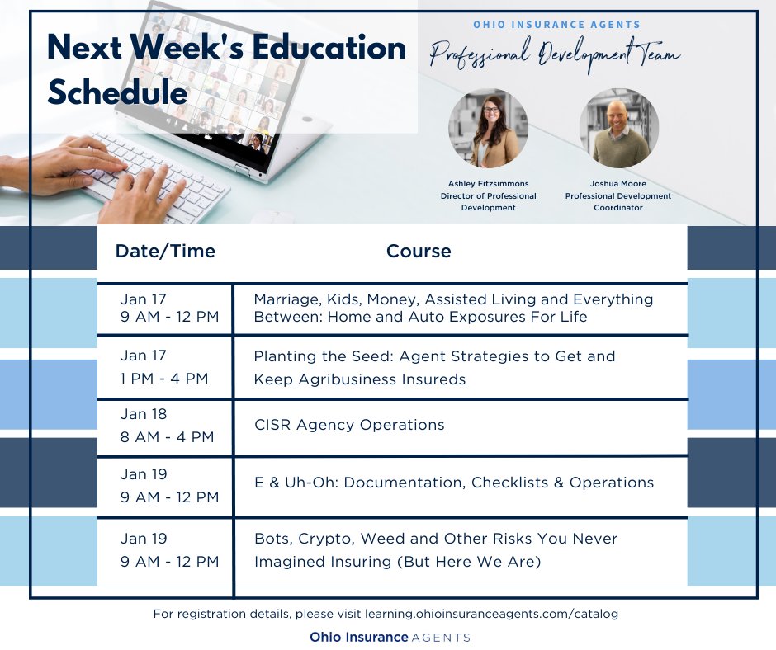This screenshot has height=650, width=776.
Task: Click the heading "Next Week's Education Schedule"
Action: pos(226,71)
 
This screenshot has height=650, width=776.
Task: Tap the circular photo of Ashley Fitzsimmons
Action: pos(488,129)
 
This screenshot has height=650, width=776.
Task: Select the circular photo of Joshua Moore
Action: pos(618,129)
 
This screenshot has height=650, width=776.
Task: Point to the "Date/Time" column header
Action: pos(165,251)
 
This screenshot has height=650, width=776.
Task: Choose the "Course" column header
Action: pos(419,251)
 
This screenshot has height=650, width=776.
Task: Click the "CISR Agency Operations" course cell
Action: pos(349,425)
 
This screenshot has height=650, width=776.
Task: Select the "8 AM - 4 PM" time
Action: pos(167,437)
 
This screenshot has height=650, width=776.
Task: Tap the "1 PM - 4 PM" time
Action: pos(164,379)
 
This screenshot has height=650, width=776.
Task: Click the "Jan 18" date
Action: pos(144,414)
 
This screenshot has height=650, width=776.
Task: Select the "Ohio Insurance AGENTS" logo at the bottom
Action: pos(390,637)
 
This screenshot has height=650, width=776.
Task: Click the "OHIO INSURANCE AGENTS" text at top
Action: pos(556,25)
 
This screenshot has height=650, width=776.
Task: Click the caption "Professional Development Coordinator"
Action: pos(618,202)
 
